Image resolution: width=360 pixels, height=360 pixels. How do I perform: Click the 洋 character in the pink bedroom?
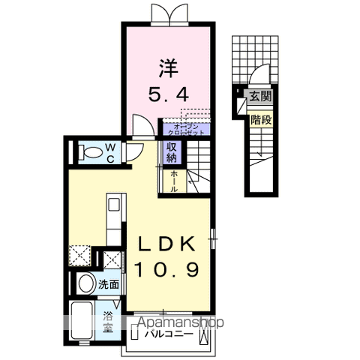coord(167,67)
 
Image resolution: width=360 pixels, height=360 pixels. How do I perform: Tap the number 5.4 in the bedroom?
coord(167,95)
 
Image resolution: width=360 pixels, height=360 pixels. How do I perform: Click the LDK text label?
coord(167,244)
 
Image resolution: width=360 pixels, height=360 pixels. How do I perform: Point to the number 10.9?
coord(167,268)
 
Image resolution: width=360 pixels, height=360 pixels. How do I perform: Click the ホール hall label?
coord(174,180)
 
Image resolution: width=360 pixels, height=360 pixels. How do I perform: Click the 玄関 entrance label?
coord(260,96)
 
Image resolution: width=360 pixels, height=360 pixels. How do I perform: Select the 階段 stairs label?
coord(260,118)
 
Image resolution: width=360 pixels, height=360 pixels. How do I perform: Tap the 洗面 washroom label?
coord(109,284)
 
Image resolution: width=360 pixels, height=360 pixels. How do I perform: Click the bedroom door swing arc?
coord(141,123)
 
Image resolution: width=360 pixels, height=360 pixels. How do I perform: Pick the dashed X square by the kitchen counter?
coord(79,257)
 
